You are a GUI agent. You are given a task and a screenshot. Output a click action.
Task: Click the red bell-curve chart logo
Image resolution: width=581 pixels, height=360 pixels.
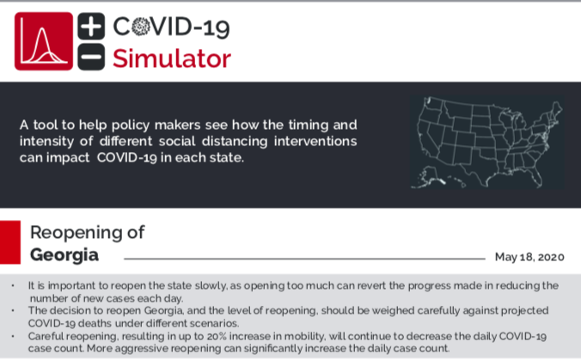(x=44, y=41)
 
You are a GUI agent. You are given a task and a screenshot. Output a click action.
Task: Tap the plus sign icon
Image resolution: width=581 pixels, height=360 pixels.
(x=91, y=26)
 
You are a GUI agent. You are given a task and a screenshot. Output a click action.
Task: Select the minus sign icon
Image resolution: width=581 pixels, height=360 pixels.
(x=91, y=57)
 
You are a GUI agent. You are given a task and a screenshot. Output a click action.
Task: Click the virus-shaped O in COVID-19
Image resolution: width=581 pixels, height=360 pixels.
(x=140, y=27)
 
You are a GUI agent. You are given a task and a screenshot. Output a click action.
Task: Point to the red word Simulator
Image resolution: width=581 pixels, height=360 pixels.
(x=172, y=58)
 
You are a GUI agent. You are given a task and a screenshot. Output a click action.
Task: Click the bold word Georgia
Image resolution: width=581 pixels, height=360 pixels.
(x=64, y=255)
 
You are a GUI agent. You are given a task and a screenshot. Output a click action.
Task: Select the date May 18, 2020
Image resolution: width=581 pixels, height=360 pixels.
(x=529, y=257)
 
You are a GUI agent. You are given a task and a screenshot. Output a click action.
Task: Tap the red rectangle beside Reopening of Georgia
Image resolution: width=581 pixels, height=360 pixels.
(x=10, y=242)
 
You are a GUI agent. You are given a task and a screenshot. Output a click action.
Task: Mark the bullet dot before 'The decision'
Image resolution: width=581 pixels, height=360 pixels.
(x=13, y=311)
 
